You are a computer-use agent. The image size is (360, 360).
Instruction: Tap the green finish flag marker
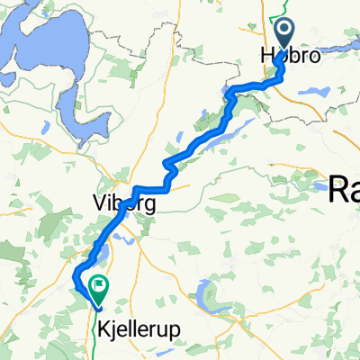(97, 287)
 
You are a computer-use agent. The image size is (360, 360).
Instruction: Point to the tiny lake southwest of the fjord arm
(33, 155)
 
